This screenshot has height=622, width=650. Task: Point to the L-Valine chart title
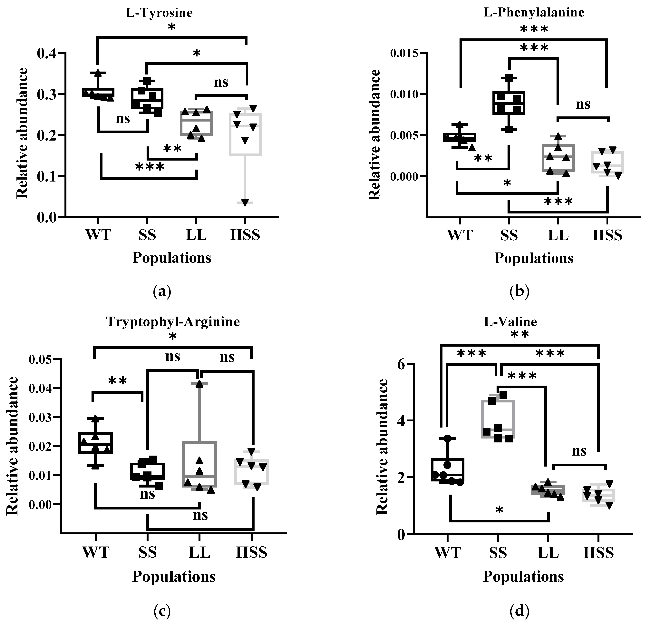point(510,322)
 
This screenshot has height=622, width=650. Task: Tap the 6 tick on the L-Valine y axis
point(401,364)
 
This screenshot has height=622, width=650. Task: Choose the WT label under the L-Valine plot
point(448,553)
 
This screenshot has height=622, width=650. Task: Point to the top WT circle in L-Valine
point(448,438)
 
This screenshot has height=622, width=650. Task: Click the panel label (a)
point(162,291)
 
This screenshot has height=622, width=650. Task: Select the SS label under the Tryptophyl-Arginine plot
point(148,553)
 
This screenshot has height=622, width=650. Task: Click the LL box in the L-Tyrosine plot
point(196,123)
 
